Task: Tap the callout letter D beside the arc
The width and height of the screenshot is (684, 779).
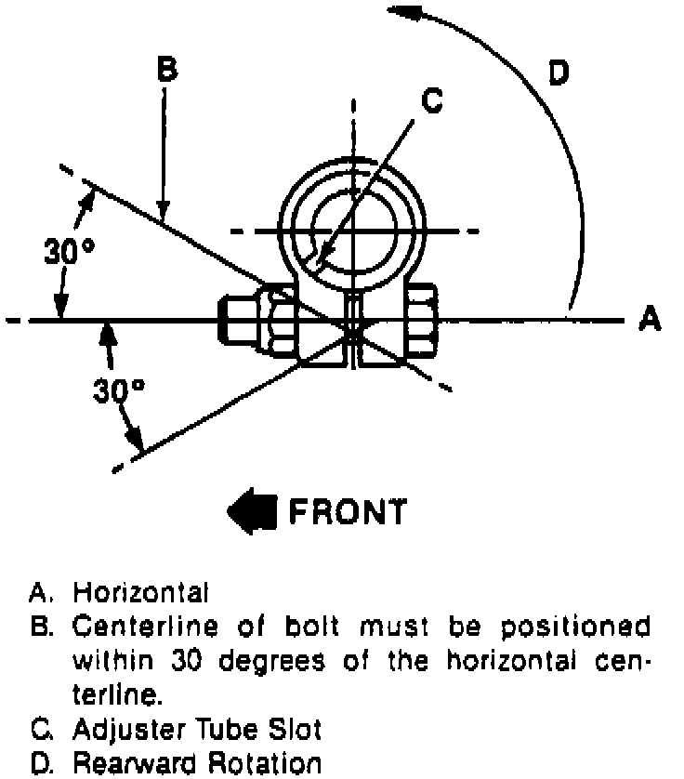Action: pos(558,73)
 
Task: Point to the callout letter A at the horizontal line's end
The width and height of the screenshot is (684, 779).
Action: pos(650,320)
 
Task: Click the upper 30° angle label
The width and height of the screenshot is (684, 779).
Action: pos(69,251)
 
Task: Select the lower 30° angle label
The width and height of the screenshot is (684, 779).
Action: pos(119,389)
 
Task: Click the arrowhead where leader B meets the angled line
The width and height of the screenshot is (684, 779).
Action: pos(163,213)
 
